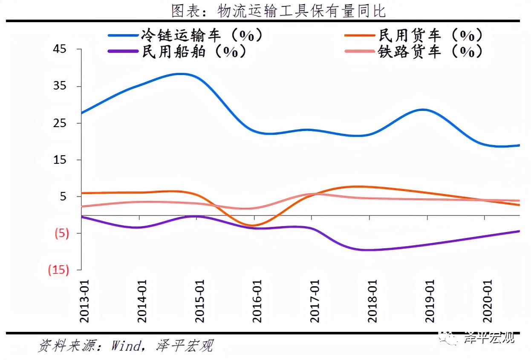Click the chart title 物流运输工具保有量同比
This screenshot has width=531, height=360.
pos(279,11)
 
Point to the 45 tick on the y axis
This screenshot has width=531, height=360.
pos(61,49)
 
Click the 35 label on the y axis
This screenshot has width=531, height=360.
pos(61,86)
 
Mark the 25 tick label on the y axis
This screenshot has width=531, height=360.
pos(61,123)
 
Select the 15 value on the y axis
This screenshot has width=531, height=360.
pos(61,160)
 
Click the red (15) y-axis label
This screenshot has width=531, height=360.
pos(58,270)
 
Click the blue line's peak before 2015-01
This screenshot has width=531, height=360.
pos(181,74)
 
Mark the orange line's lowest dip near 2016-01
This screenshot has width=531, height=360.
pos(253,225)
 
